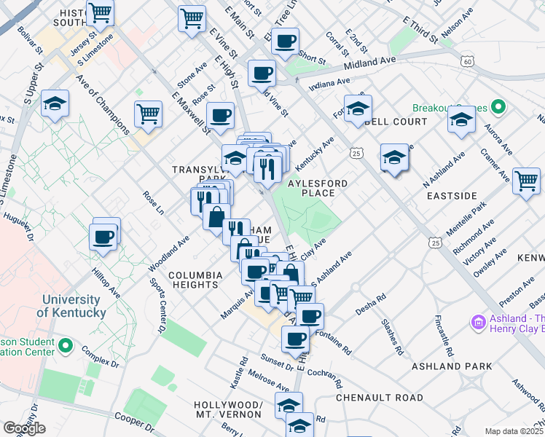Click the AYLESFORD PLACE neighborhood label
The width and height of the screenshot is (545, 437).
(x=318, y=188)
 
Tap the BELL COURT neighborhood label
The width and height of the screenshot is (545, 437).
(x=396, y=122)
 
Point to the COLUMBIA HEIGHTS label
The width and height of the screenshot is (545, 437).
(x=195, y=280)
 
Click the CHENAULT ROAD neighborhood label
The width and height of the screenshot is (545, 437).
(x=379, y=398)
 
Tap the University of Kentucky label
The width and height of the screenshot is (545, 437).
(x=71, y=306)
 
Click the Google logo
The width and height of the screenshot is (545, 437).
(x=24, y=428)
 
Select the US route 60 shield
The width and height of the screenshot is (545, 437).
(x=466, y=62)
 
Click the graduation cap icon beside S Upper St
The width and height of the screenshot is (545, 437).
(x=55, y=105)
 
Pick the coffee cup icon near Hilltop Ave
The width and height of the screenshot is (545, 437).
(x=103, y=237)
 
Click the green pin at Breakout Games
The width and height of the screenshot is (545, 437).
(x=498, y=108)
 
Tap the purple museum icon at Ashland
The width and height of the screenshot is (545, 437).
(x=479, y=321)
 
